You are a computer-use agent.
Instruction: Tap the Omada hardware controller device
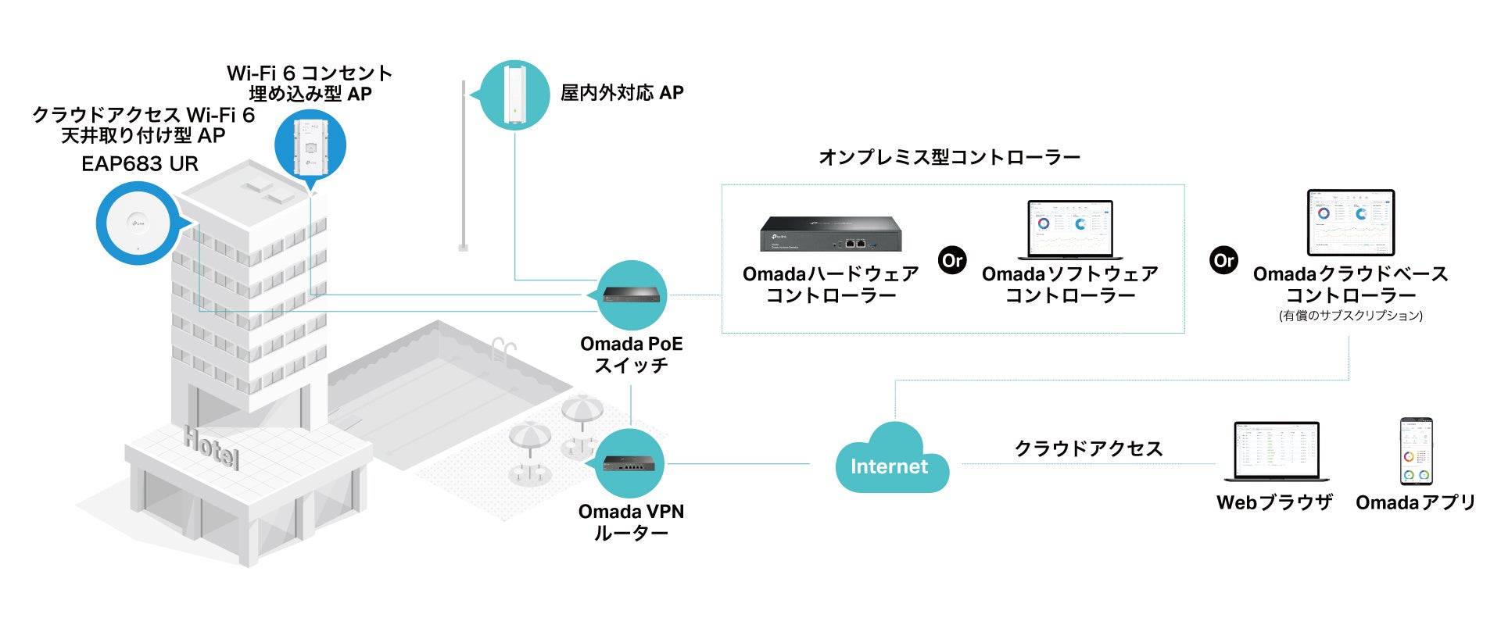(x=831, y=234)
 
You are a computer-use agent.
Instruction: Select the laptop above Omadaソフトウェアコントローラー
(x=1070, y=230)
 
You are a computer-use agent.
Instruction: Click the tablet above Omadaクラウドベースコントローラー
(x=1351, y=222)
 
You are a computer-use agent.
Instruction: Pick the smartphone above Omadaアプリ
(x=1416, y=452)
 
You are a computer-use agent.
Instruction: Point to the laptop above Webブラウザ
(x=1276, y=452)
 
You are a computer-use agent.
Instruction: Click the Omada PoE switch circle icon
(x=632, y=295)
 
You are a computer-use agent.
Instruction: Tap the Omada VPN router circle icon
(x=630, y=463)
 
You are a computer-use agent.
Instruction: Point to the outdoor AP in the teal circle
(x=514, y=95)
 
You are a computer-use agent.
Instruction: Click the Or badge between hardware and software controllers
(x=952, y=260)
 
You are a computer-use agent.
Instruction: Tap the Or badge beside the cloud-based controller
(x=1224, y=260)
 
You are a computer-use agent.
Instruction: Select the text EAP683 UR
(x=140, y=164)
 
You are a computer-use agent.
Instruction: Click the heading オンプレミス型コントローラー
(x=949, y=157)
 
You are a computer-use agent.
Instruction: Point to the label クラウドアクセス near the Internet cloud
(x=1088, y=448)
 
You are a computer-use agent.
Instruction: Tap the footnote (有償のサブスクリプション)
(x=1351, y=316)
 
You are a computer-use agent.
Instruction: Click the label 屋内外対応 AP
(x=622, y=93)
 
